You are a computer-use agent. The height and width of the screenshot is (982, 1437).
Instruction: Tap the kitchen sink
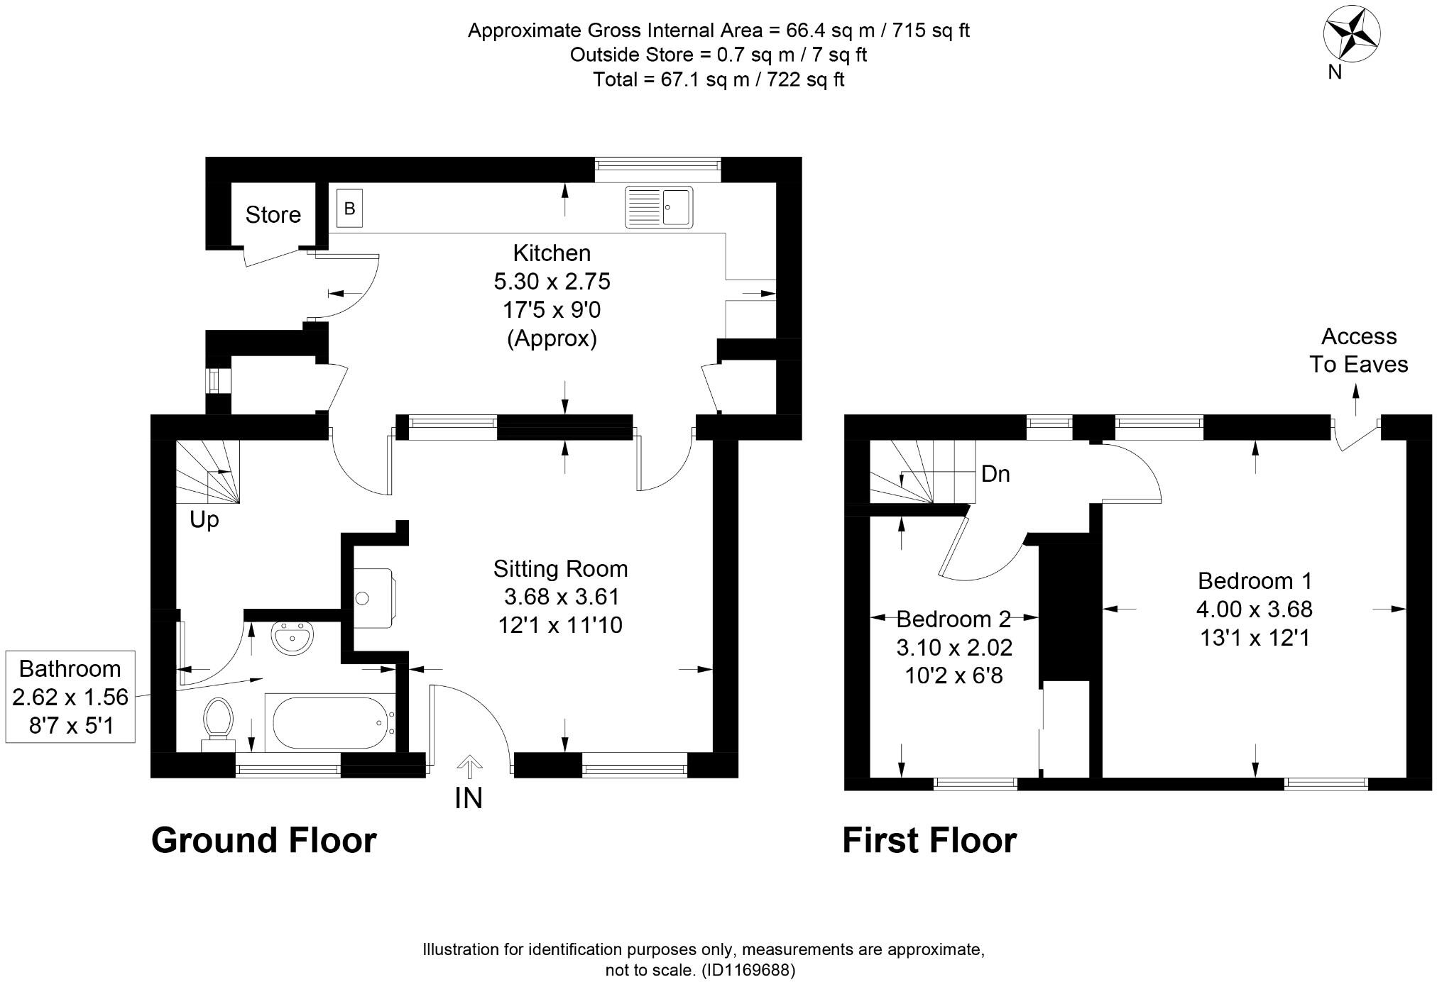pos(658,207)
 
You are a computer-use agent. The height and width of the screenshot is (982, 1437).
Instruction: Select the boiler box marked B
pos(349,208)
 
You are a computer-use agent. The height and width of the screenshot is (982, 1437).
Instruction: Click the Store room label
pos(273,214)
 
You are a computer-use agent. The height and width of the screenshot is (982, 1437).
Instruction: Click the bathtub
pos(328,722)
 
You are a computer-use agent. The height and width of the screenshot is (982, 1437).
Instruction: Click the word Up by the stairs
pos(204,519)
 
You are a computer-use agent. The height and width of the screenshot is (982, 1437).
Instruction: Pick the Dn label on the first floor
pos(995,474)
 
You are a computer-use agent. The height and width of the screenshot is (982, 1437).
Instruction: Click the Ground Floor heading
pos(263,840)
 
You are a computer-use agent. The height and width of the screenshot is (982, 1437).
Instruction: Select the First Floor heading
pos(929,840)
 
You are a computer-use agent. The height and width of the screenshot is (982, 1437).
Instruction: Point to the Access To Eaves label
pos(1358,351)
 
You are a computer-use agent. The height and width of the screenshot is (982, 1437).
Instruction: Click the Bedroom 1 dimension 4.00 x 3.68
pos(1255,609)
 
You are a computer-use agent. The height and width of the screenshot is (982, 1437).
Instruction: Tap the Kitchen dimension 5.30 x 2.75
pos(552,281)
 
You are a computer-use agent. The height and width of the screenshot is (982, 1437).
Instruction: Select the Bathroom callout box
pos(70,697)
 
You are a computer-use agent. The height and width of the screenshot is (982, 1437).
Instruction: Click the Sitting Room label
pos(560,568)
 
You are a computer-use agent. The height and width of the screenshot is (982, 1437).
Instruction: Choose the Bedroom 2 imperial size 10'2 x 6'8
pos(954,675)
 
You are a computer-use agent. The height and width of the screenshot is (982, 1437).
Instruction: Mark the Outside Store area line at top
pos(718,55)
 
